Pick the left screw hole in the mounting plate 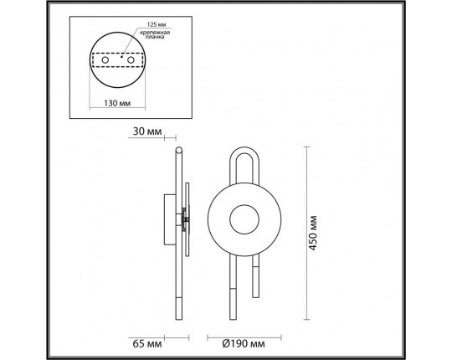coord(105,62)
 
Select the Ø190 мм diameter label coord(243,342)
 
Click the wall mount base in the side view coord(169,220)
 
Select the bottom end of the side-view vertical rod coord(178,318)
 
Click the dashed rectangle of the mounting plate coord(118,62)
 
